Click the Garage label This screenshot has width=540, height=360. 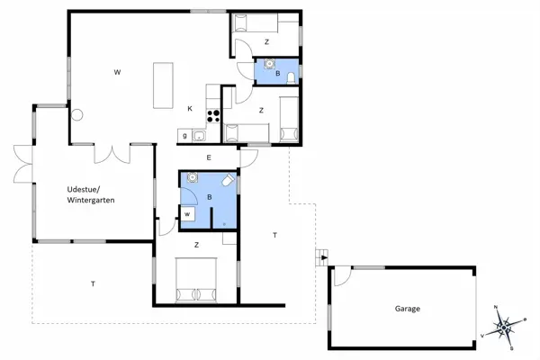click(407, 309)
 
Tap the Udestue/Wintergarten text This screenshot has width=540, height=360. click(91, 194)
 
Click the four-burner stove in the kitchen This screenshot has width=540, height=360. click(213, 116)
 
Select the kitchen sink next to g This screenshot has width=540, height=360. click(199, 135)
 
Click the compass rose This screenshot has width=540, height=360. click(505, 328)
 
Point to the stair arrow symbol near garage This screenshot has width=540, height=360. click(324, 257)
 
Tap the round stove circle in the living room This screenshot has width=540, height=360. click(76, 114)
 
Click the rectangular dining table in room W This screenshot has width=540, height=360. click(163, 85)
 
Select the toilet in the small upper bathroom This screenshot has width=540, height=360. click(292, 78)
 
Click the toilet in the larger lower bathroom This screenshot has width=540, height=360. click(228, 180)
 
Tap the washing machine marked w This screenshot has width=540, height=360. click(188, 214)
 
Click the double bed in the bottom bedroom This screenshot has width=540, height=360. click(196, 280)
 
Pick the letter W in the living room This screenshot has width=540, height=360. click(117, 72)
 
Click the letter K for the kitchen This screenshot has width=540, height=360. click(190, 109)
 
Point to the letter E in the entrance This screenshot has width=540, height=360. click(209, 157)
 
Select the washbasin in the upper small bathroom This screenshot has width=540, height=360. click(269, 64)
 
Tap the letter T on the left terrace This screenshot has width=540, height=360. click(93, 283)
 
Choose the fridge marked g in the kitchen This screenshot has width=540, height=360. click(184, 135)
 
